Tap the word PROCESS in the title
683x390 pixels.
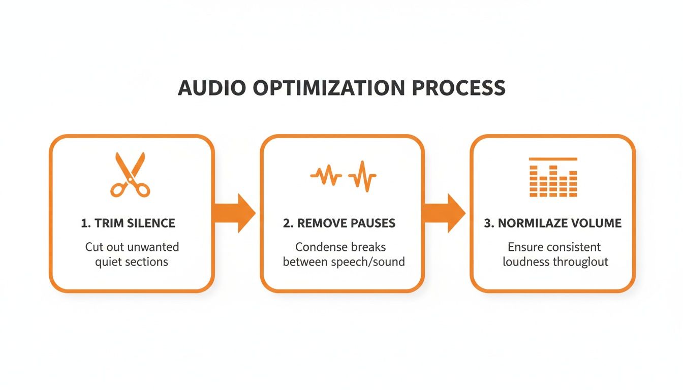(459, 88)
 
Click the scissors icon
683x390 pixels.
(130, 174)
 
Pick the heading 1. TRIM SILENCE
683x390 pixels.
(128, 223)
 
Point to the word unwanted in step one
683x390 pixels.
(153, 247)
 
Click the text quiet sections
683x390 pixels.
(132, 262)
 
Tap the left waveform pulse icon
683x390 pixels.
(326, 176)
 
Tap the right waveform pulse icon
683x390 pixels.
(362, 176)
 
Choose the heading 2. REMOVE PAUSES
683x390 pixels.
(339, 223)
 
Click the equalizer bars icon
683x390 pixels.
(553, 178)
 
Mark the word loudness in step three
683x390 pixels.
(525, 262)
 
